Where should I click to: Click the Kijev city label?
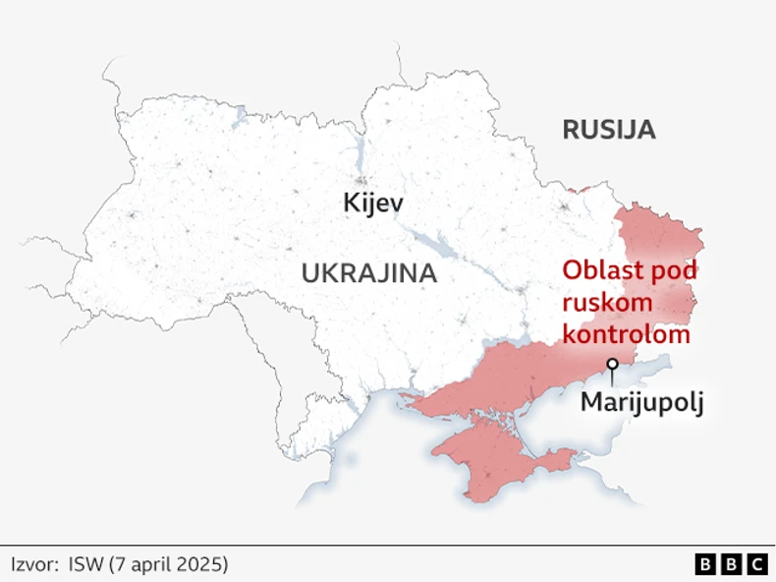(373, 204)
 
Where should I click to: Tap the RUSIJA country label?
(608, 130)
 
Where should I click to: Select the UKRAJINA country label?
(368, 273)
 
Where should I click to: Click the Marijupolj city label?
(642, 402)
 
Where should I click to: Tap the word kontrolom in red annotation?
(626, 334)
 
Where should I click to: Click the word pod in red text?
(674, 271)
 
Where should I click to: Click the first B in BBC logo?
(705, 564)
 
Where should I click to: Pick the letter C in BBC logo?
(756, 564)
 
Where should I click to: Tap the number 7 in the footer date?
(120, 564)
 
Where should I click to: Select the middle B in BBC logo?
(731, 564)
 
